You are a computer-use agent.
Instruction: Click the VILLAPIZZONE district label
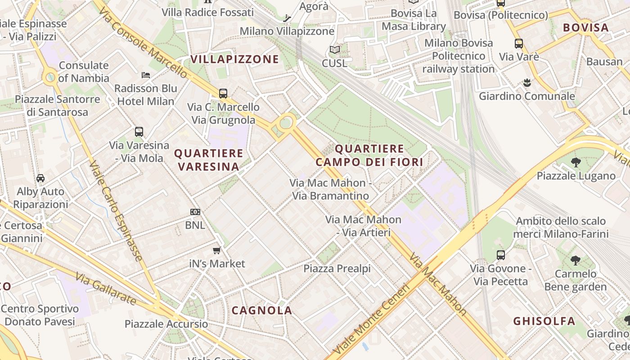click(x=234, y=59)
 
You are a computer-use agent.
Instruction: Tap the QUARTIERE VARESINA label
click(x=208, y=160)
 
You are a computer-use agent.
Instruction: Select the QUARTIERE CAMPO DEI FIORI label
click(x=369, y=155)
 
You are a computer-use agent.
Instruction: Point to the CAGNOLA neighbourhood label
click(x=262, y=310)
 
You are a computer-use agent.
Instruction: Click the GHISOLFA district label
click(x=544, y=321)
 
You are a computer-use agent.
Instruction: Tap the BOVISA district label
click(x=586, y=27)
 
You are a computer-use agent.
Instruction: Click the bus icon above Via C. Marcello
click(x=223, y=94)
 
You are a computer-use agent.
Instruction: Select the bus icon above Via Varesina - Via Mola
click(x=139, y=132)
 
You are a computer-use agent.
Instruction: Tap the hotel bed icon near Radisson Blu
click(x=146, y=75)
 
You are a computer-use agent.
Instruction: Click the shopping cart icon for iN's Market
click(x=217, y=250)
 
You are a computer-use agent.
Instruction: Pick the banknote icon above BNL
click(x=195, y=211)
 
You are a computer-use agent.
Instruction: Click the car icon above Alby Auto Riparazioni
click(x=40, y=178)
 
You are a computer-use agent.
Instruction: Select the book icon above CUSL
click(x=334, y=50)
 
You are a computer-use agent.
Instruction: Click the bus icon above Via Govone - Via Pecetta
click(x=501, y=255)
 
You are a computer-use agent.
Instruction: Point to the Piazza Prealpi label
click(x=337, y=269)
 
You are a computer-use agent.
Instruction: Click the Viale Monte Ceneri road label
click(x=372, y=318)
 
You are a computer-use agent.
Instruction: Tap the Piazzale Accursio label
click(x=166, y=324)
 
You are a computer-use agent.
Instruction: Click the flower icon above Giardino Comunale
click(x=527, y=83)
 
